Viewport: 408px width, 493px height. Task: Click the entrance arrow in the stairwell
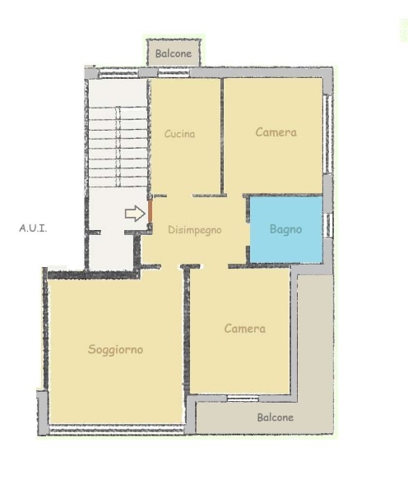pyautogui.click(x=135, y=214)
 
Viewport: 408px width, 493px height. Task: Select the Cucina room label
pyautogui.click(x=180, y=134)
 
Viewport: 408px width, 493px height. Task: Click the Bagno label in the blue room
pyautogui.click(x=286, y=229)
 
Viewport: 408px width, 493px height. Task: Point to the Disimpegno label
pyautogui.click(x=195, y=230)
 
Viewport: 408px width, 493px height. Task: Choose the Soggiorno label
pyautogui.click(x=115, y=349)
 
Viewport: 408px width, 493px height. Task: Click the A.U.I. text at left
pyautogui.click(x=33, y=228)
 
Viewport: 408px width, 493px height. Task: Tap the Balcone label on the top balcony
pyautogui.click(x=174, y=53)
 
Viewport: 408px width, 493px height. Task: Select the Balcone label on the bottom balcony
pyautogui.click(x=276, y=417)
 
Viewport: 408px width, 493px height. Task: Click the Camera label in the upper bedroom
pyautogui.click(x=276, y=132)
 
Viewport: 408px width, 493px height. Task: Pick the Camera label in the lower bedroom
pyautogui.click(x=245, y=329)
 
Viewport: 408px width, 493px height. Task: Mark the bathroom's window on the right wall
pyautogui.click(x=327, y=225)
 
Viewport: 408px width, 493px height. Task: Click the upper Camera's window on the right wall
pyautogui.click(x=328, y=134)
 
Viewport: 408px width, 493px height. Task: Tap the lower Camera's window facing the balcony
pyautogui.click(x=243, y=399)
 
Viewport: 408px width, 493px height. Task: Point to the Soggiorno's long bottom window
pyautogui.click(x=117, y=430)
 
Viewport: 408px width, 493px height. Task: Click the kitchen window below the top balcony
pyautogui.click(x=174, y=73)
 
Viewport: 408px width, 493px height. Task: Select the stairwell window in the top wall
pyautogui.click(x=118, y=74)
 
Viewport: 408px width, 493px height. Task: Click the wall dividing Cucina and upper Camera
pyautogui.click(x=222, y=136)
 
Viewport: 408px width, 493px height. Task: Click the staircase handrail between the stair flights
pyautogui.click(x=118, y=147)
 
